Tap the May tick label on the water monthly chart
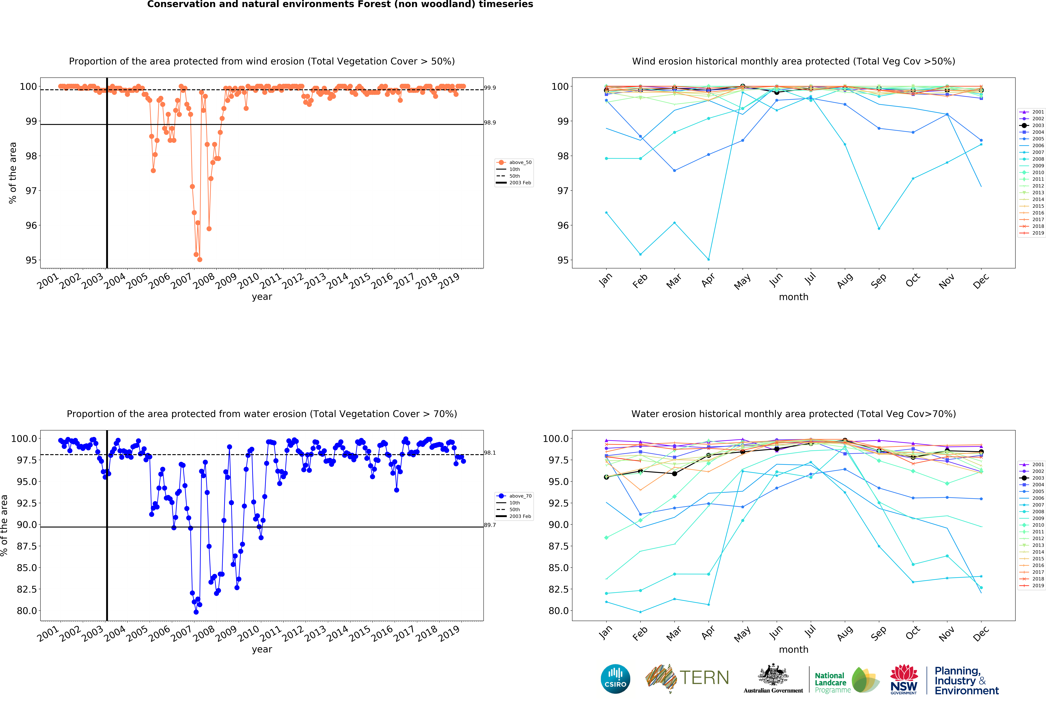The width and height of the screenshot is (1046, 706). pyautogui.click(x=742, y=634)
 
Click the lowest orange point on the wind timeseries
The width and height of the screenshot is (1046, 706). pyautogui.click(x=200, y=259)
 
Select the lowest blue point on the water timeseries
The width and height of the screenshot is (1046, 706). pyautogui.click(x=196, y=612)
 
